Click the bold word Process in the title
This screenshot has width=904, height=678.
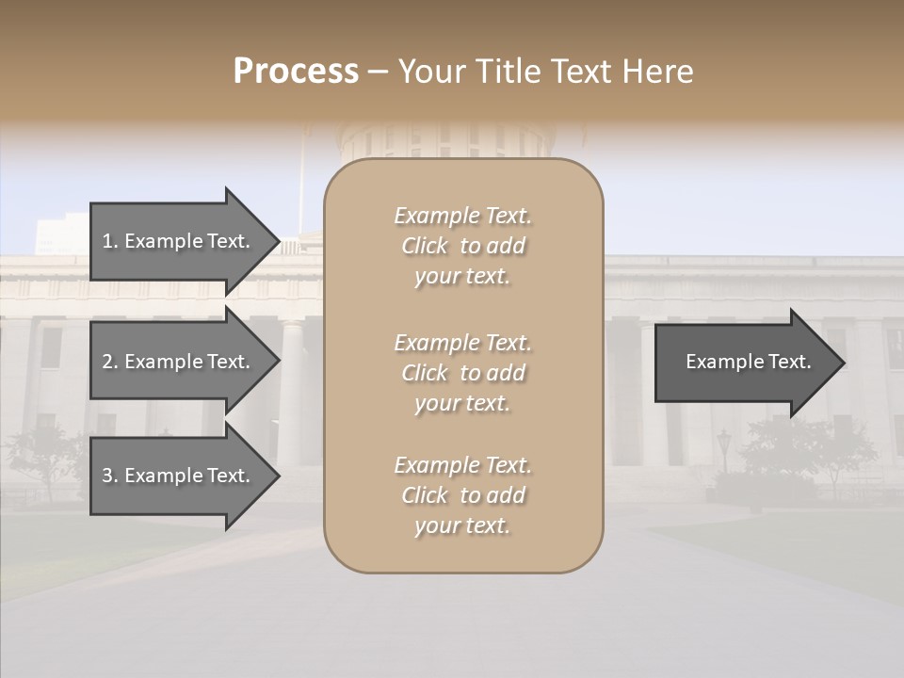296,72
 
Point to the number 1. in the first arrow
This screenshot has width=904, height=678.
110,241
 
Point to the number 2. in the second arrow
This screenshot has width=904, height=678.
110,362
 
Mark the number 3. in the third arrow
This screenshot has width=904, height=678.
110,476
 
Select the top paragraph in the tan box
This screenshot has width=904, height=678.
463,246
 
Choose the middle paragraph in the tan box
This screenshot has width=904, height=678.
463,373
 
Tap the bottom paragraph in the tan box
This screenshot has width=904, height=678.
463,495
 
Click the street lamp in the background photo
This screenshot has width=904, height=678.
722,447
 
